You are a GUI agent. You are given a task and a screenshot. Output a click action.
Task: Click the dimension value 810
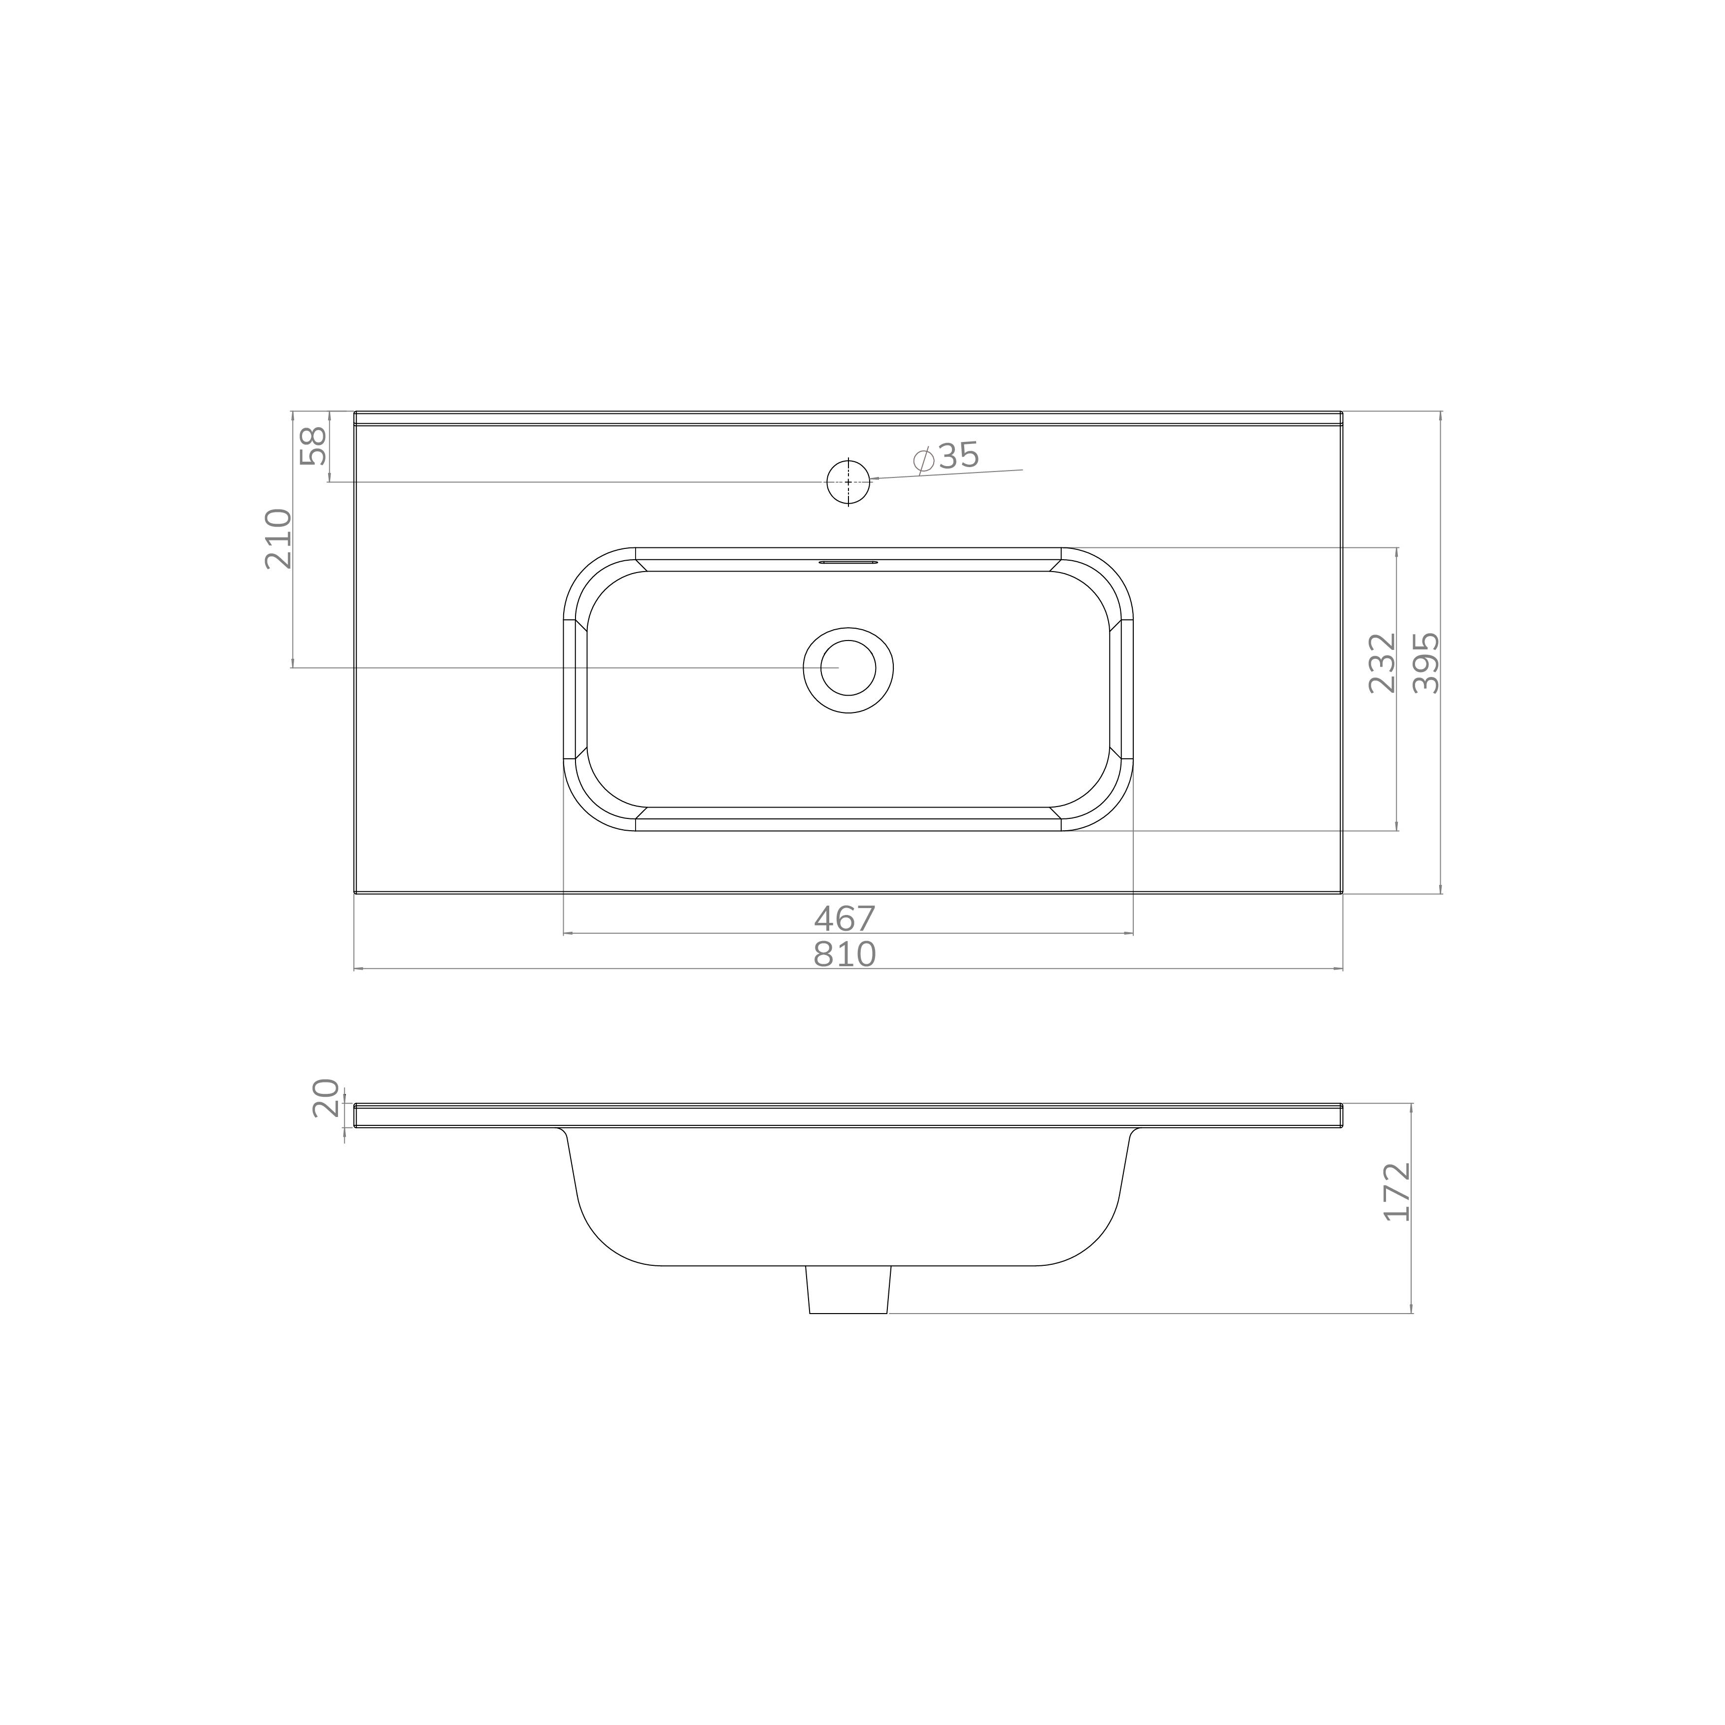[x=845, y=954]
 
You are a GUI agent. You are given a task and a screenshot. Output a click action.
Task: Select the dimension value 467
[x=845, y=918]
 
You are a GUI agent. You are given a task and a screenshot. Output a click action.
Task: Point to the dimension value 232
[x=1381, y=663]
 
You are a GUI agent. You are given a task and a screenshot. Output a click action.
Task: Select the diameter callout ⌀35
[x=947, y=456]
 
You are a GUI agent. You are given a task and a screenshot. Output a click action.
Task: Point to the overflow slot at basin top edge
[x=848, y=563]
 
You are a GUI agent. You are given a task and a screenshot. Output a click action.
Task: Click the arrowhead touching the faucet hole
[x=875, y=478]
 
